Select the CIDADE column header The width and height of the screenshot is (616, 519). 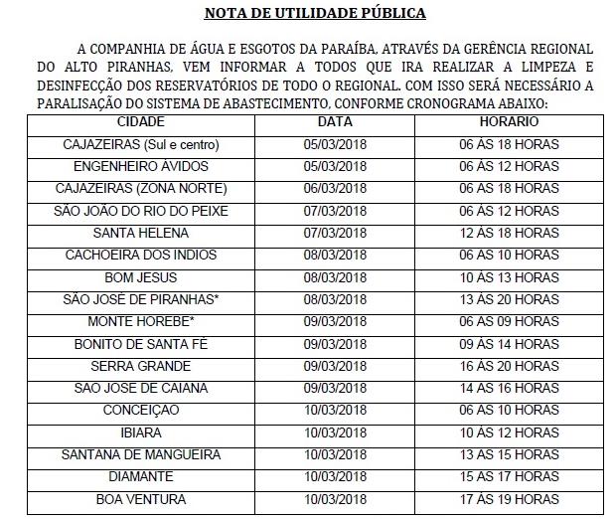(x=141, y=121)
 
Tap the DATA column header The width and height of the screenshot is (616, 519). (x=335, y=121)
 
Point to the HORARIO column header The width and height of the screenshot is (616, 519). (x=509, y=121)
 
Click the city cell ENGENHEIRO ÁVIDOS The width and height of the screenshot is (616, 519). (x=141, y=166)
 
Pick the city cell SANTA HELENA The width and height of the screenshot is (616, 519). (x=141, y=233)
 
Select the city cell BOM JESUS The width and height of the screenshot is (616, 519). (x=141, y=276)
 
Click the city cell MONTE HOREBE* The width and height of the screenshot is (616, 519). (x=141, y=321)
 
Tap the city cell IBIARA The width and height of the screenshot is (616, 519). (x=141, y=432)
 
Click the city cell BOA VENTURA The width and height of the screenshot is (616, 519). (x=141, y=499)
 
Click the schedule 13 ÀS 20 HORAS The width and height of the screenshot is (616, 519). (x=509, y=299)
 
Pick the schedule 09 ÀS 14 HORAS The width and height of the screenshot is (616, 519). (x=509, y=344)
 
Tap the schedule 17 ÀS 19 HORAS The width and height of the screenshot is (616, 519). (x=509, y=499)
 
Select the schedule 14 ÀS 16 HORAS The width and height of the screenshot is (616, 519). (x=509, y=388)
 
